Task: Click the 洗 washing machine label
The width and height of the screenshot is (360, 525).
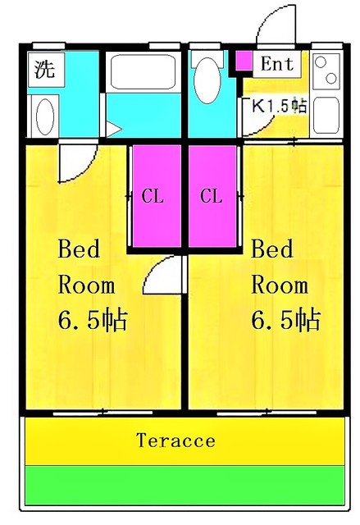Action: (x=45, y=70)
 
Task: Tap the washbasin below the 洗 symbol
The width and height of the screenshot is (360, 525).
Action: (x=45, y=114)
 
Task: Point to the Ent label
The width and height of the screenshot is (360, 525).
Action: (x=278, y=63)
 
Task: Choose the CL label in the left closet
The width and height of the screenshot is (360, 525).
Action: (x=153, y=196)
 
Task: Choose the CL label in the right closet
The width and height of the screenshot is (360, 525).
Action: (x=212, y=196)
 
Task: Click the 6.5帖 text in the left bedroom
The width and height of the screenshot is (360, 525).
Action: (x=91, y=320)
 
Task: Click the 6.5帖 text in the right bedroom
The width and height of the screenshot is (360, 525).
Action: (x=285, y=320)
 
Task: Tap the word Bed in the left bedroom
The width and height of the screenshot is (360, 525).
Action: (x=80, y=249)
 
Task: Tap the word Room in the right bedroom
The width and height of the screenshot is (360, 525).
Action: (x=279, y=285)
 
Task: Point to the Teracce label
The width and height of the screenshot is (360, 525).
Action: (x=175, y=441)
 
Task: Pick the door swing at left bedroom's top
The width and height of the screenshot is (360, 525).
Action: (x=78, y=161)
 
